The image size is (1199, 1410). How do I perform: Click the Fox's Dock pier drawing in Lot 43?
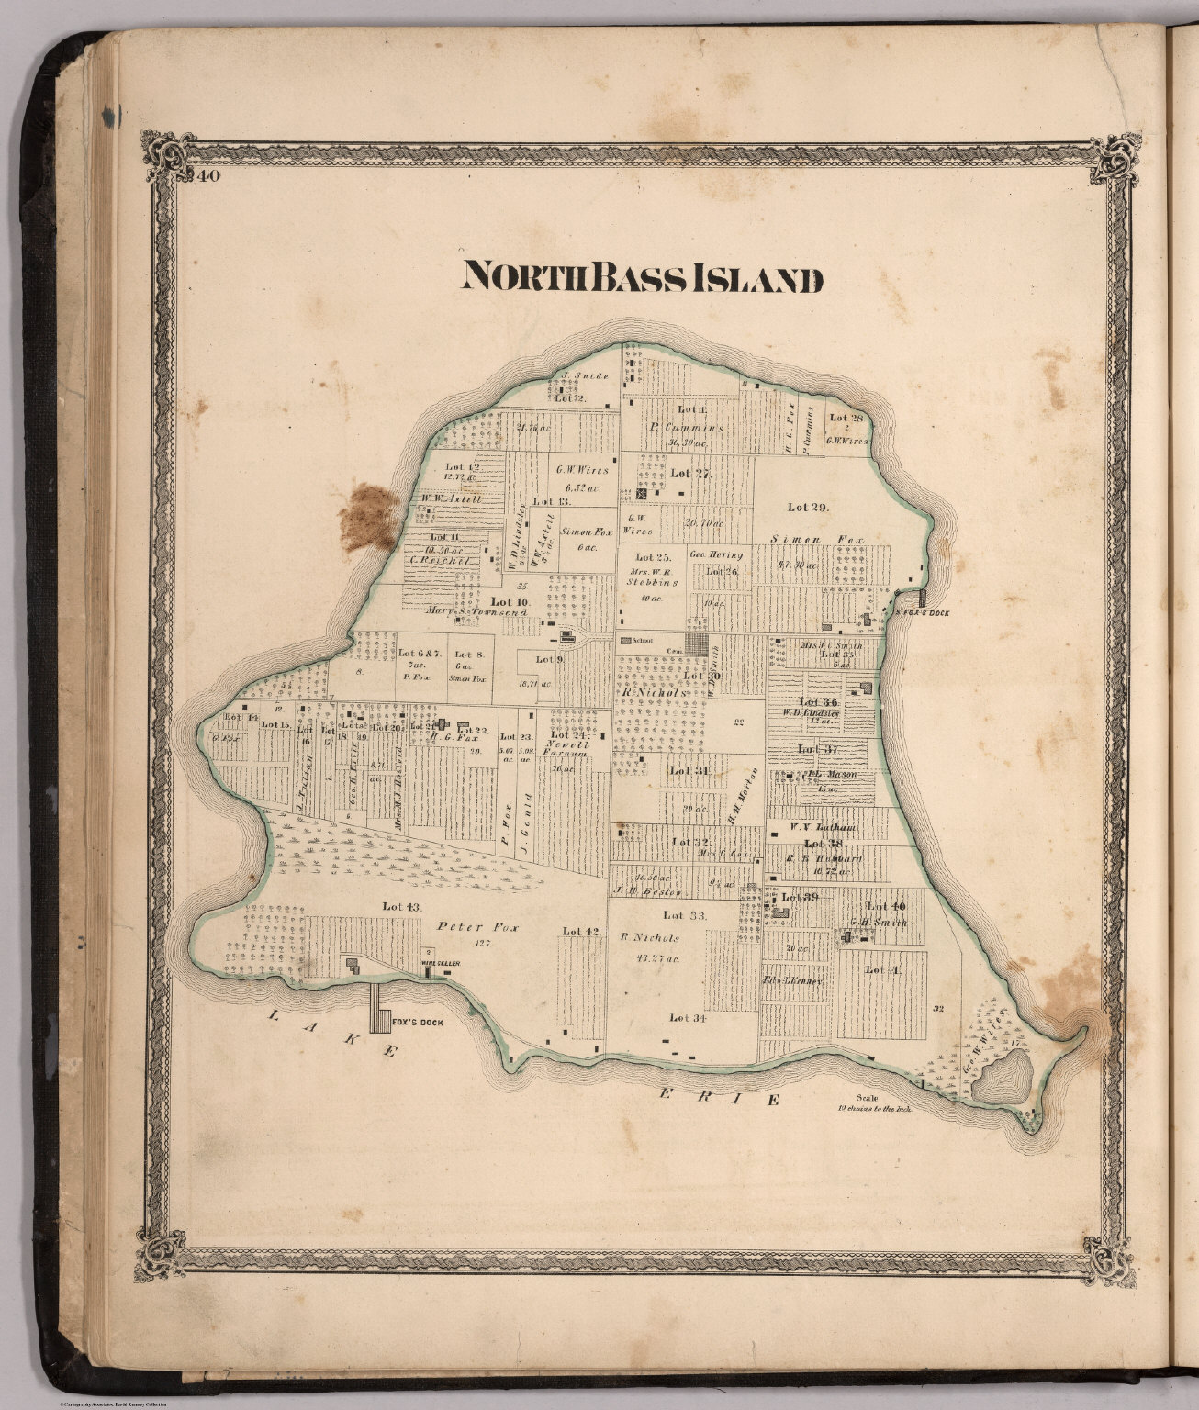[x=377, y=1008]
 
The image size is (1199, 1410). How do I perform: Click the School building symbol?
[x=627, y=641]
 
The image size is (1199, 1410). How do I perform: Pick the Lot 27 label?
[x=691, y=474]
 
